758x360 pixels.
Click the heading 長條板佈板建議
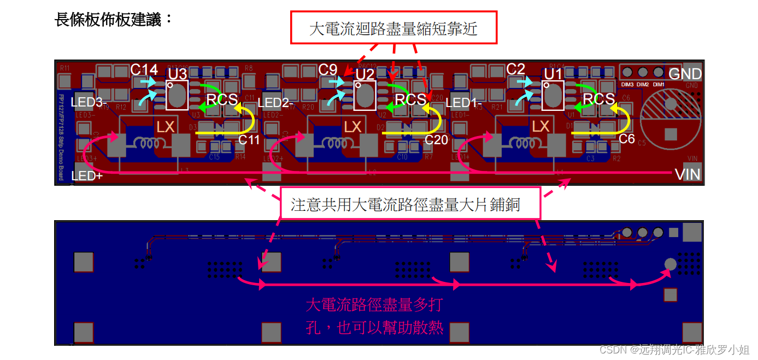point(114,20)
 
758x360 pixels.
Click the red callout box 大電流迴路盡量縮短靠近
point(393,28)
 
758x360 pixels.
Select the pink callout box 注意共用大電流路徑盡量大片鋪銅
point(405,205)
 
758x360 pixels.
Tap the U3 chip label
point(178,73)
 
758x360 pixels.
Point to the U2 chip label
point(365,74)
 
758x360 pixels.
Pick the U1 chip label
point(553,74)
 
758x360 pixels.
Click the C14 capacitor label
point(144,69)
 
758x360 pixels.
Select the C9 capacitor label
point(328,69)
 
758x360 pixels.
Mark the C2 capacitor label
point(516,69)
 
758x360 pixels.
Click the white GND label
point(685,74)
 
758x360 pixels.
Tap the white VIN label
point(687,175)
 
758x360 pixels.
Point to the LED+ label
point(87,176)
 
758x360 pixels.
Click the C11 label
point(249,139)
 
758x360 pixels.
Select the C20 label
point(436,139)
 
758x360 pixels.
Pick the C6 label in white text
point(627,139)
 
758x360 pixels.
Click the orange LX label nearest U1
point(540,127)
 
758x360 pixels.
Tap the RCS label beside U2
point(410,99)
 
